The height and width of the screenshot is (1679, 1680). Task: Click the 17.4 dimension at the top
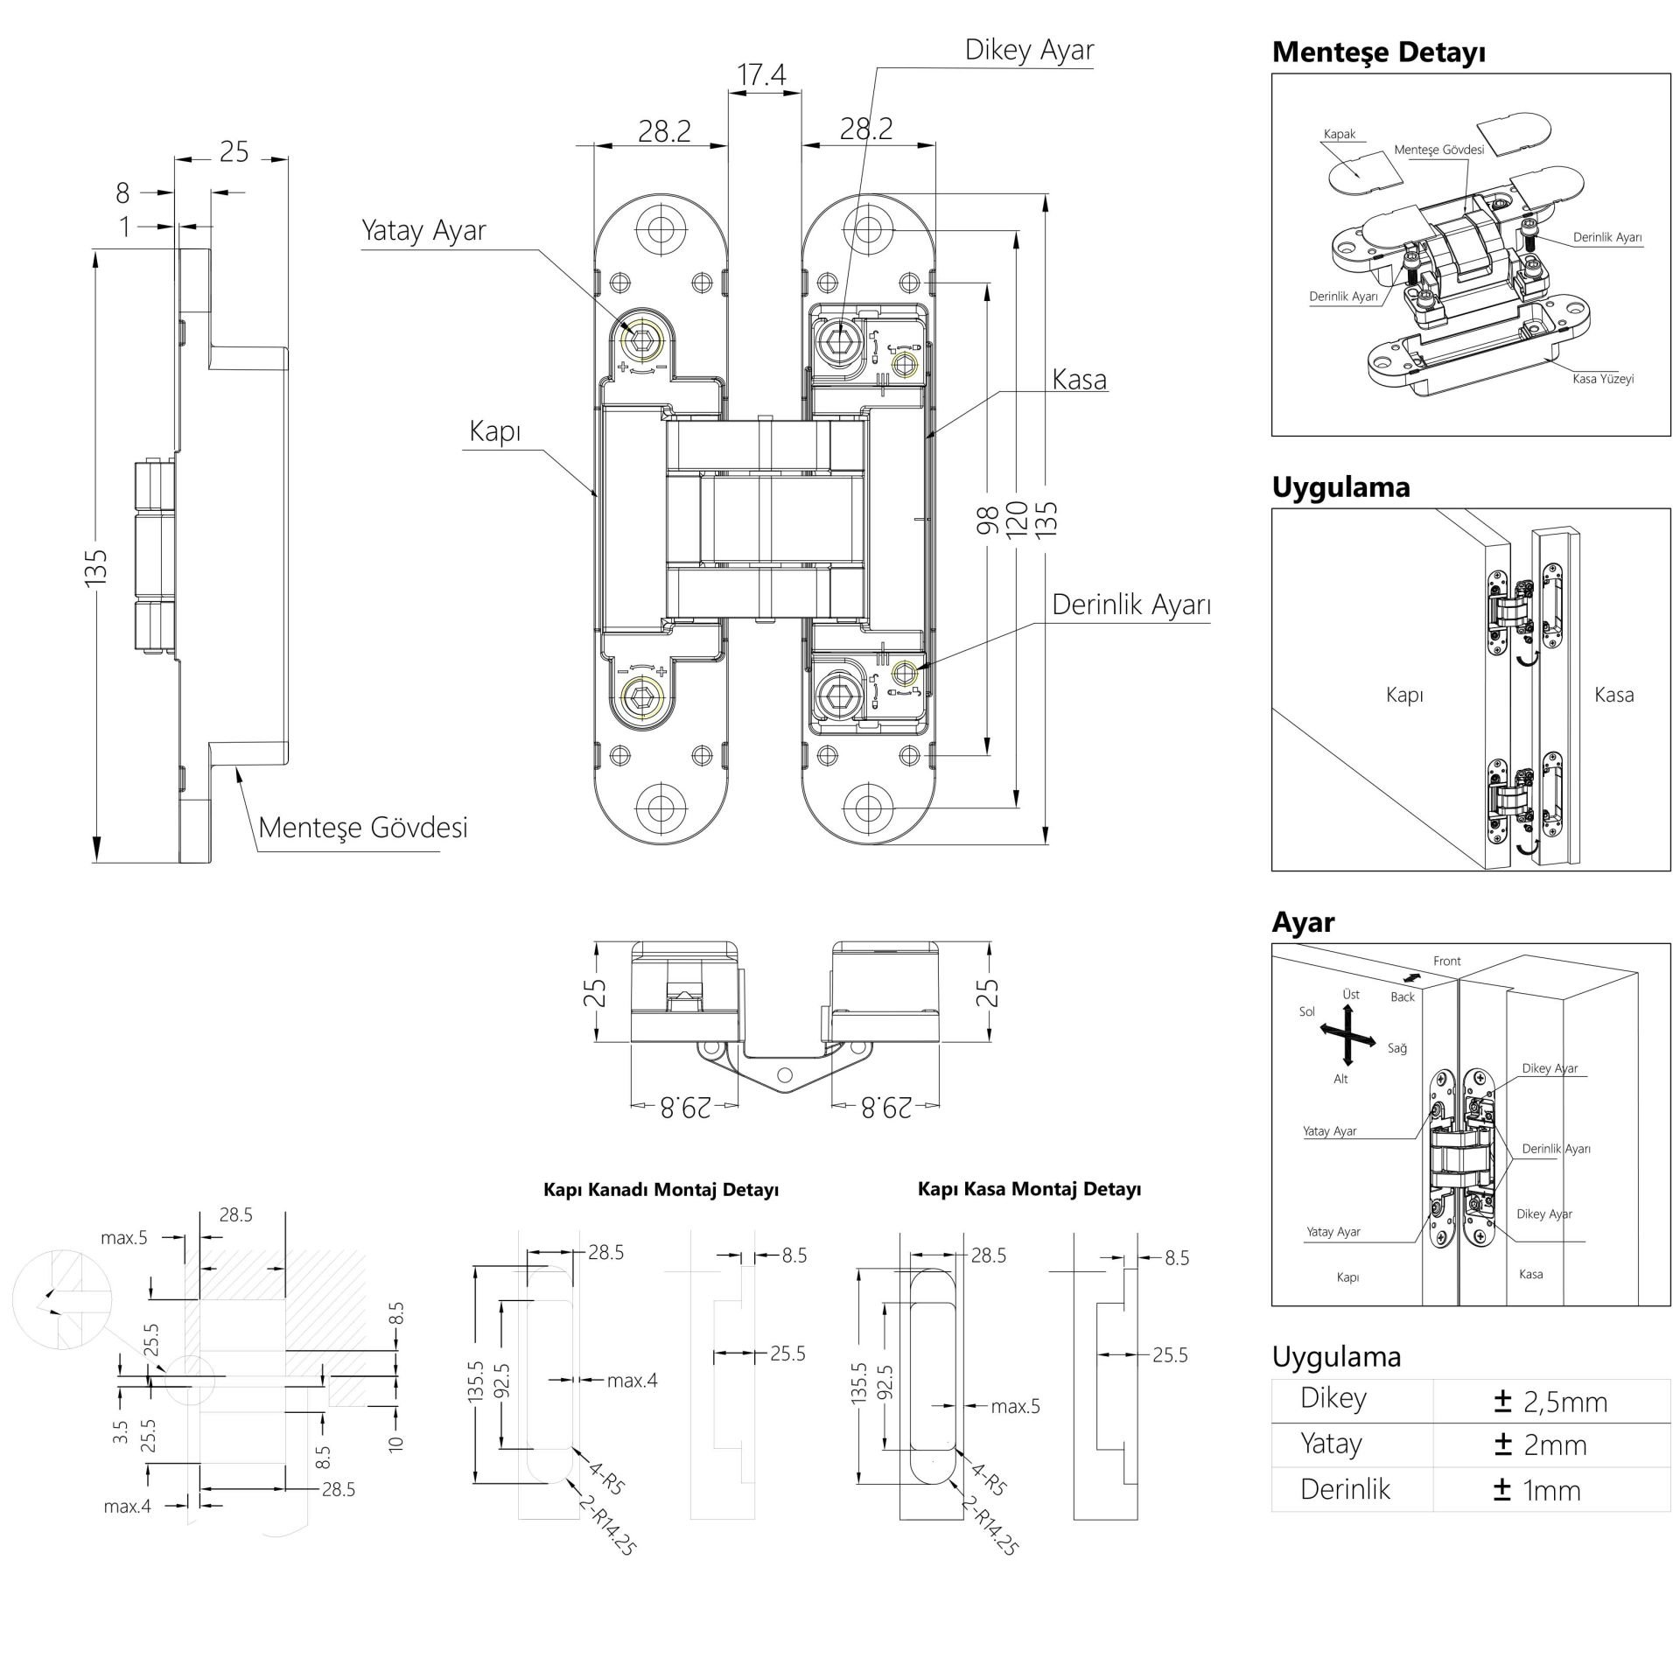(761, 76)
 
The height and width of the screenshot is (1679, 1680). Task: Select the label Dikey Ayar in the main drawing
(1029, 50)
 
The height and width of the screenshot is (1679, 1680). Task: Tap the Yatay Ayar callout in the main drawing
(423, 231)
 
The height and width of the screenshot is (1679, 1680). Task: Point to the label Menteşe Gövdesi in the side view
(363, 828)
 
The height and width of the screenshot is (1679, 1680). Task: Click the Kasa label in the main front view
(1079, 380)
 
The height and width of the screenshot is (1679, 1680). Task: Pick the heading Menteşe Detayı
(1379, 52)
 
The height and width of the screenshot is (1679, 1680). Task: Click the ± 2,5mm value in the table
(1551, 1402)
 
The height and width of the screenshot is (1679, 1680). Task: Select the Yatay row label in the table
(1331, 1444)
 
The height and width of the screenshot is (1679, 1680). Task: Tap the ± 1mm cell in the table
(1537, 1490)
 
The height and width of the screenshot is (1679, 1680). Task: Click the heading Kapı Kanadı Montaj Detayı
(661, 1190)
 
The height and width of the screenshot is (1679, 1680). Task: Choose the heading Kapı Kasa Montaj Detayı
(1029, 1189)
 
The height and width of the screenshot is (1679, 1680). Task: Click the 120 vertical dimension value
(1016, 520)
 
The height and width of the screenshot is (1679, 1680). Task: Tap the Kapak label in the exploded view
(1339, 134)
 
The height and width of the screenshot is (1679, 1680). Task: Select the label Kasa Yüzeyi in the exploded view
(1603, 379)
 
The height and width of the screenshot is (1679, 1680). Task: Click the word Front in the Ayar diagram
(1446, 961)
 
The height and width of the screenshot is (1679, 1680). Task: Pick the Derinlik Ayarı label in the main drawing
(1130, 605)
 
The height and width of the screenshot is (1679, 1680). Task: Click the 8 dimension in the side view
(122, 192)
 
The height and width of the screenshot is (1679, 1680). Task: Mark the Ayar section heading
(1303, 922)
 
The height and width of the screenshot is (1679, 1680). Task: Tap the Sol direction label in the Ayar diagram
(1306, 1011)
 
